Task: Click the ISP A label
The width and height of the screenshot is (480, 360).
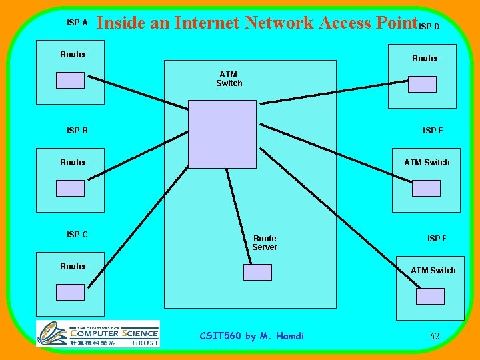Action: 77,23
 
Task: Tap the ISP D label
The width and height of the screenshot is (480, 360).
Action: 429,27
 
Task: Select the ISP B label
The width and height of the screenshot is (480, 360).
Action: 77,131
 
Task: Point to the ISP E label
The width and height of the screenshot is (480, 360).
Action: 433,131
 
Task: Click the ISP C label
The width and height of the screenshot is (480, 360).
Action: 77,235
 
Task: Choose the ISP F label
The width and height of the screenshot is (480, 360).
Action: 437,239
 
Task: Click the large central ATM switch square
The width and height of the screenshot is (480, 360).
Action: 222,134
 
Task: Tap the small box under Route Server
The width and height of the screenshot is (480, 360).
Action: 257,272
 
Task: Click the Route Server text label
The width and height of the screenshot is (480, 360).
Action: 265,243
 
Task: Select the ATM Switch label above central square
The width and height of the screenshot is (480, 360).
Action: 229,79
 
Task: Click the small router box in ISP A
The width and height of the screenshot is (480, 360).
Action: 70,80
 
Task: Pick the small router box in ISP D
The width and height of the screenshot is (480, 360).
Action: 422,84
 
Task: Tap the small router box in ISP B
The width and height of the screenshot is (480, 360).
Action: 70,188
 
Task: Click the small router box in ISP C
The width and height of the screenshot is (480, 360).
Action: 70,292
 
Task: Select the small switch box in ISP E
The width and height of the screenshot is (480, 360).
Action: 426,188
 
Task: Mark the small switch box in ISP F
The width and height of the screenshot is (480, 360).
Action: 430,296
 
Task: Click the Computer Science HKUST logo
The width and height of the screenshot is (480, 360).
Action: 98,333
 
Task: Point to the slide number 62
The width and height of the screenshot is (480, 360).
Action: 434,336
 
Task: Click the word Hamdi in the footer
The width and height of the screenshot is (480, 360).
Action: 289,336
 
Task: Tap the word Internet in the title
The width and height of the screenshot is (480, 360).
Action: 207,23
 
